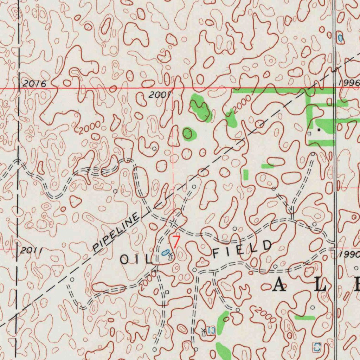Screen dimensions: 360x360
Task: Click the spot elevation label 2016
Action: pyautogui.click(x=34, y=84)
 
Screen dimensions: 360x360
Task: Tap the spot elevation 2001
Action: pyautogui.click(x=159, y=95)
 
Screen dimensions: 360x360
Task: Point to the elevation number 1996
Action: pyautogui.click(x=349, y=83)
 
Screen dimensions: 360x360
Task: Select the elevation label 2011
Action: pyautogui.click(x=31, y=251)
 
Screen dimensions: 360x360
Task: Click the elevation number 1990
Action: pyautogui.click(x=350, y=254)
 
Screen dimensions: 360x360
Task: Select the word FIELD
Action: pyautogui.click(x=242, y=248)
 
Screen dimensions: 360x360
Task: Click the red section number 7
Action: pyautogui.click(x=176, y=242)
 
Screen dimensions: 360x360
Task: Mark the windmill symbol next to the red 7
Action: pyautogui.click(x=171, y=256)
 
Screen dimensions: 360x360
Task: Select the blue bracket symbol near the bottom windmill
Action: pyautogui.click(x=211, y=330)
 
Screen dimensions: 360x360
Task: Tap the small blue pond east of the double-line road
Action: pyautogui.click(x=340, y=37)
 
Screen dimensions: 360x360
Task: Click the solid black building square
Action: pyautogui.click(x=319, y=130)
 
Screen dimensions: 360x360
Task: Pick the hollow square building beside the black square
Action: pyautogui.click(x=309, y=134)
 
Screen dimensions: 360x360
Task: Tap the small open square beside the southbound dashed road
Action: pyautogui.click(x=167, y=292)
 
